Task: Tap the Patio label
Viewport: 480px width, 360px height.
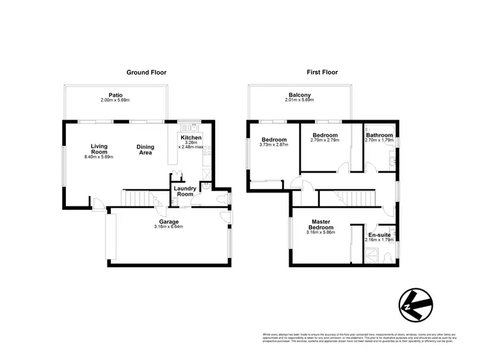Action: pyautogui.click(x=115, y=95)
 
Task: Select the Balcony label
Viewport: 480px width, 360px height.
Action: pyautogui.click(x=300, y=95)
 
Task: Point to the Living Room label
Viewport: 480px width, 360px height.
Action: pyautogui.click(x=99, y=148)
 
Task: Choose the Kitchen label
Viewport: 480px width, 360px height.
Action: pyautogui.click(x=191, y=138)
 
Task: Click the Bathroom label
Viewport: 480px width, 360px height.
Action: pyautogui.click(x=379, y=136)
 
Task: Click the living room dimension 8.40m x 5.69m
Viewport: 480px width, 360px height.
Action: pyautogui.click(x=99, y=157)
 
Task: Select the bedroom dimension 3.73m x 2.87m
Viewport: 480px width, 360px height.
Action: pyautogui.click(x=274, y=145)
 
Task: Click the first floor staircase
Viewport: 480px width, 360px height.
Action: pyautogui.click(x=348, y=198)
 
